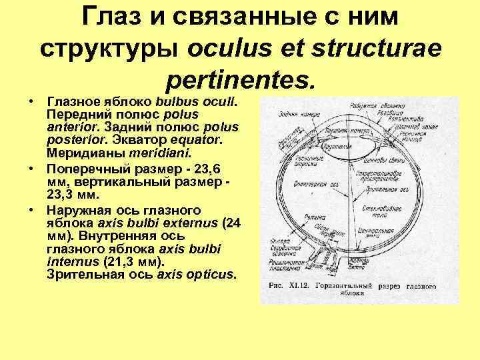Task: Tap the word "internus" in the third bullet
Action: pos(69,261)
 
